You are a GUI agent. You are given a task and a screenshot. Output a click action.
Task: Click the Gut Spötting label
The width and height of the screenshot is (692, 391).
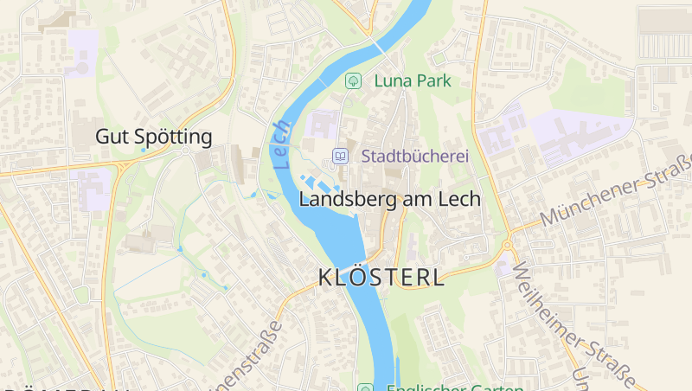coord(153,137)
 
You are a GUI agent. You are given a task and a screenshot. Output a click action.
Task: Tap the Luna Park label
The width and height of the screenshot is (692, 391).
coord(413,80)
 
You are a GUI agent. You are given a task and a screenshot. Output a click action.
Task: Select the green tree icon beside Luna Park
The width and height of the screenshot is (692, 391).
coord(353,80)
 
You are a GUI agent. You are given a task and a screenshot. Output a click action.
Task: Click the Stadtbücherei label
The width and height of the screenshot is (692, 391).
coord(414,157)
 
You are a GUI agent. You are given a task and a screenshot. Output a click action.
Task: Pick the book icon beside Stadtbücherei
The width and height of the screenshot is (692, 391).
coord(341,157)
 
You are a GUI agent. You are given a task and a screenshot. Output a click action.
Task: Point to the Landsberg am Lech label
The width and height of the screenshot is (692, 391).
coord(389,198)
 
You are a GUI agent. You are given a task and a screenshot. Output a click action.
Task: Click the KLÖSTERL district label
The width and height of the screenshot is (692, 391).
coord(381,278)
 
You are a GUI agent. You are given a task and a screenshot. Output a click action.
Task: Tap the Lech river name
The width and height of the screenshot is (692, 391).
coord(280,144)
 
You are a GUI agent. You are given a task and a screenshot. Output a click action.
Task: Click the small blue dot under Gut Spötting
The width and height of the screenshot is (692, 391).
coord(144,151)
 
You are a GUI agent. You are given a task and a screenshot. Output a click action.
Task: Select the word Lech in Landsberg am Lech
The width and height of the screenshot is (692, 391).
coord(459,198)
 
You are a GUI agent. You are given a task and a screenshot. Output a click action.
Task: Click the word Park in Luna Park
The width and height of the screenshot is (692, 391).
coord(432,80)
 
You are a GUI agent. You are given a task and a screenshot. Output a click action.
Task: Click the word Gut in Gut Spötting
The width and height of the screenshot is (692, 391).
coord(108,137)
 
